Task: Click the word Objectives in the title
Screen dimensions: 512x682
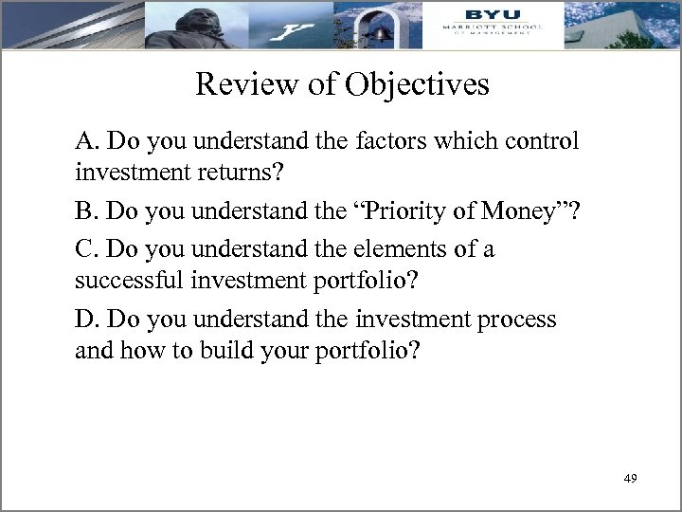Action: [x=417, y=85]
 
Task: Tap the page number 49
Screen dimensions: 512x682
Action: [x=630, y=478]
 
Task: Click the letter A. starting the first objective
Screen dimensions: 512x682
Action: [x=88, y=142]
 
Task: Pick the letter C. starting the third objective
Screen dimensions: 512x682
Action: [x=87, y=249]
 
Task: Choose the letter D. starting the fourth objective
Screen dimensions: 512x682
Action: [x=88, y=320]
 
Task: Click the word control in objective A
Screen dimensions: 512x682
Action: [x=542, y=142]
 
